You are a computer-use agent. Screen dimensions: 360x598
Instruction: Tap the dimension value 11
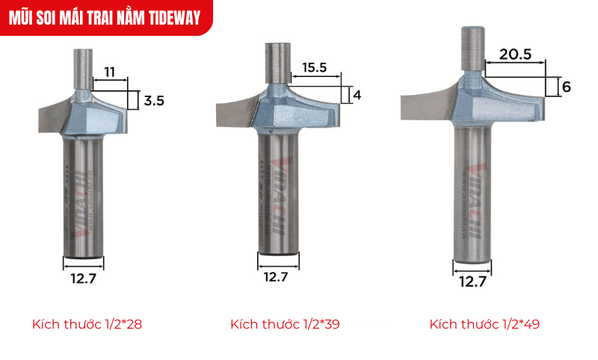click(x=109, y=72)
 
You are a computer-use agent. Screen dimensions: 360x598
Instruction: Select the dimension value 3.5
click(x=154, y=99)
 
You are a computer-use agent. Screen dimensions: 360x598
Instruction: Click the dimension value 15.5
click(x=315, y=67)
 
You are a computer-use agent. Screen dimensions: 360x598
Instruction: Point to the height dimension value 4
click(x=357, y=95)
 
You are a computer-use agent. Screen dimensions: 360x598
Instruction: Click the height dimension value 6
click(x=566, y=87)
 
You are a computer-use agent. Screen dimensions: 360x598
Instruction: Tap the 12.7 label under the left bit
click(x=83, y=280)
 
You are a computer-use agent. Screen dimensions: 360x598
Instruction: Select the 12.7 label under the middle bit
click(x=277, y=276)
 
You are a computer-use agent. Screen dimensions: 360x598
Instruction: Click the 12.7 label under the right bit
click(x=472, y=282)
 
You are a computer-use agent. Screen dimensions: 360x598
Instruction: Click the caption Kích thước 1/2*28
click(x=87, y=325)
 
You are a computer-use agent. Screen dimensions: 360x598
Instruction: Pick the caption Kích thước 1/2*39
click(x=286, y=325)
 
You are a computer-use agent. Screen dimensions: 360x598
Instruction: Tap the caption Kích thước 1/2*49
click(x=484, y=325)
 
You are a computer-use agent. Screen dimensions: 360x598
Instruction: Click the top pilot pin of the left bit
click(x=81, y=68)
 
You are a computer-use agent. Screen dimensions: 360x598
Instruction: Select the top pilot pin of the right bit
click(x=472, y=49)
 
